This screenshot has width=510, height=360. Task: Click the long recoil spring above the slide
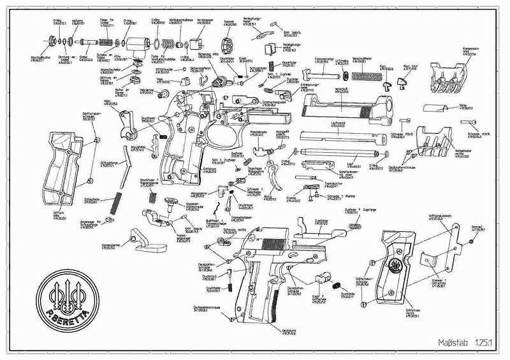click(x=363, y=76)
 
